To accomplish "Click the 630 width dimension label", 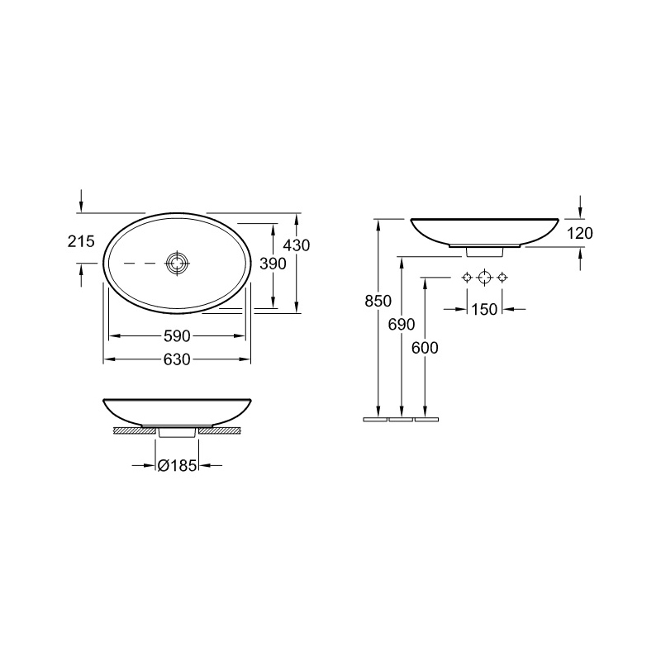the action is point(177,359).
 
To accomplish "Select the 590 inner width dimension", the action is point(177,336).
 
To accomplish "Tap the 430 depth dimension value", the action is point(297,245).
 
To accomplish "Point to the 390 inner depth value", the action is point(273,264).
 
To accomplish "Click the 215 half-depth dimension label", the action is point(81,241).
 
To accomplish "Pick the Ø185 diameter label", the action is point(177,466).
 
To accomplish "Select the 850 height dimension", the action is point(378,302).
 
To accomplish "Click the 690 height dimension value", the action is point(402,325).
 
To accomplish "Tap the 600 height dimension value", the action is point(425,348).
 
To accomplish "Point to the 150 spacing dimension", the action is point(484,310).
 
